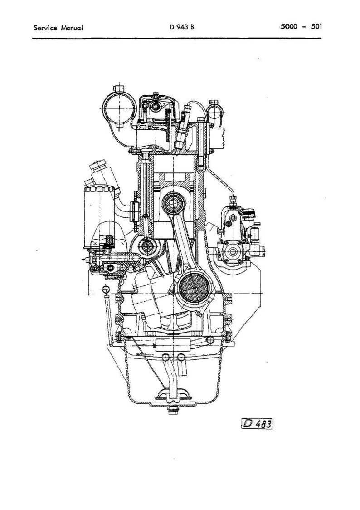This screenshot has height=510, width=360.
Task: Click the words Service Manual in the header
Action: [x=58, y=28]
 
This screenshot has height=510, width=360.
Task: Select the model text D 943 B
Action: [x=182, y=27]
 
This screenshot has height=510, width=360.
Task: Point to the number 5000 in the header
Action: [x=289, y=27]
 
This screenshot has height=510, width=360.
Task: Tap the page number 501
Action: [x=316, y=27]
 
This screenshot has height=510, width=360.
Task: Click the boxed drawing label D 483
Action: [x=257, y=423]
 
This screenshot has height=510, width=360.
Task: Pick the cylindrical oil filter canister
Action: [x=99, y=217]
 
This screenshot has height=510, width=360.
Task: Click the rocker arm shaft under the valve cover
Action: [x=156, y=106]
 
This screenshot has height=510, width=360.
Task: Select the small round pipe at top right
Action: [x=214, y=114]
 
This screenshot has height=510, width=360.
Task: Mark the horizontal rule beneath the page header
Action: [x=177, y=39]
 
